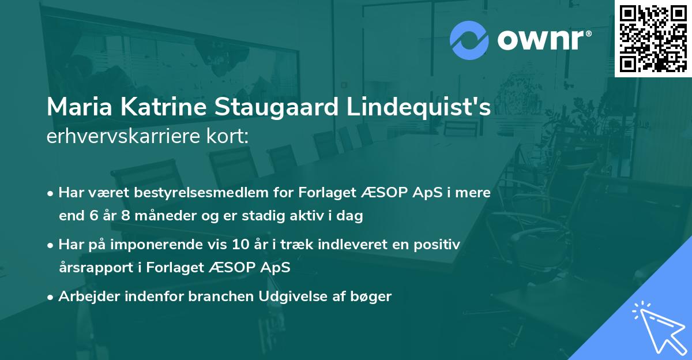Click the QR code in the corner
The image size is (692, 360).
click(x=653, y=38)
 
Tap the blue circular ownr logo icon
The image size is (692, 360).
click(x=469, y=40)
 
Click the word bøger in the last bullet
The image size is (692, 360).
click(x=374, y=297)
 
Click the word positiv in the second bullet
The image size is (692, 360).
click(x=441, y=245)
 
